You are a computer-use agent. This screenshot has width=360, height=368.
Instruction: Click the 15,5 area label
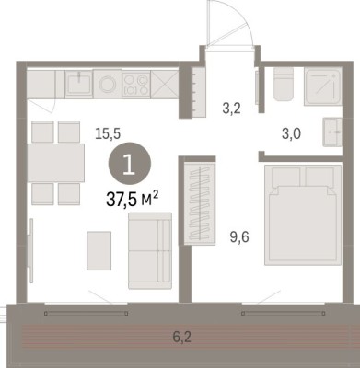tap(108, 133)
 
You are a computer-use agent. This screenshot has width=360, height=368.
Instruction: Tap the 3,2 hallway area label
tap(231, 109)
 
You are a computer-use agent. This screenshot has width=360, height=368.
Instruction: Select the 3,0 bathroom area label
tap(291, 133)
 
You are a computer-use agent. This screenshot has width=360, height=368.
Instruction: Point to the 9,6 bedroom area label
tap(239, 236)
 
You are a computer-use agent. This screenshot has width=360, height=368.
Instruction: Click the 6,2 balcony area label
tap(182, 337)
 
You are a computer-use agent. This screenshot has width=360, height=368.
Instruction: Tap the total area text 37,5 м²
tap(133, 200)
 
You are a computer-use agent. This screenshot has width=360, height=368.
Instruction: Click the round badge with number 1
tap(130, 164)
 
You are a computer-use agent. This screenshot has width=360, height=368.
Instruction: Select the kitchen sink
tap(79, 84)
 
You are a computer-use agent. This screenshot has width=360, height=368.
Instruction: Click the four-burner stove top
tap(136, 84)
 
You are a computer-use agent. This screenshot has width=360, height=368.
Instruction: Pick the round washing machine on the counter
tap(108, 84)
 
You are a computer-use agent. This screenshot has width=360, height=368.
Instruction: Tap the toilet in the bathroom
tap(284, 85)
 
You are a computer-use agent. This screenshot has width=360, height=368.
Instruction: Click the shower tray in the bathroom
tap(323, 86)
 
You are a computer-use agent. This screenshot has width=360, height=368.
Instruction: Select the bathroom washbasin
tap(332, 132)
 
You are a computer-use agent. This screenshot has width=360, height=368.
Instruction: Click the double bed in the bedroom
tap(303, 215)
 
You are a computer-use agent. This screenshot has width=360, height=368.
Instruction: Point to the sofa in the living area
tap(150, 250)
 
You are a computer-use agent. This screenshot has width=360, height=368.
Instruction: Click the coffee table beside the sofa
tap(99, 250)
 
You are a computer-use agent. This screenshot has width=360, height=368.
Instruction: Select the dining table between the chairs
tap(56, 163)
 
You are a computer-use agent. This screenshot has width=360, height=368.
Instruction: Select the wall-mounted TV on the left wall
tap(30, 250)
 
